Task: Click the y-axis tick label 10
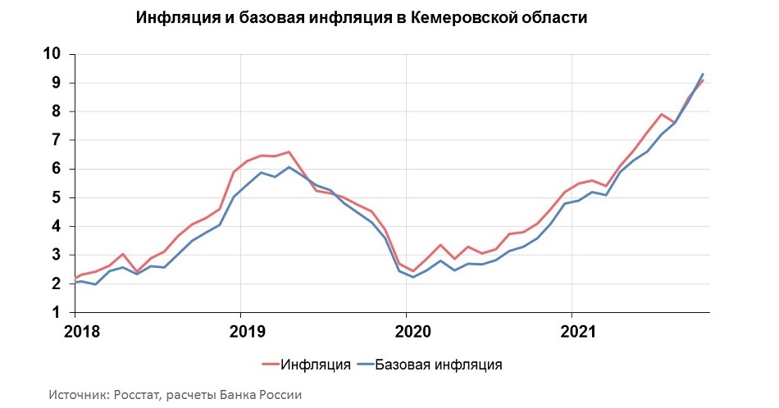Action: pos(52,54)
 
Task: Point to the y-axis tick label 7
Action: pos(57,140)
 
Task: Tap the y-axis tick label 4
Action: pos(57,226)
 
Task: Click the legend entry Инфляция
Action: pos(317,363)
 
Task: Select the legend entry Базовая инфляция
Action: pos(439,363)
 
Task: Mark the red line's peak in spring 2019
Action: pos(289,152)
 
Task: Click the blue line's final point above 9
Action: pos(703,75)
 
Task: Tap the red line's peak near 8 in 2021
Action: pos(661,114)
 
